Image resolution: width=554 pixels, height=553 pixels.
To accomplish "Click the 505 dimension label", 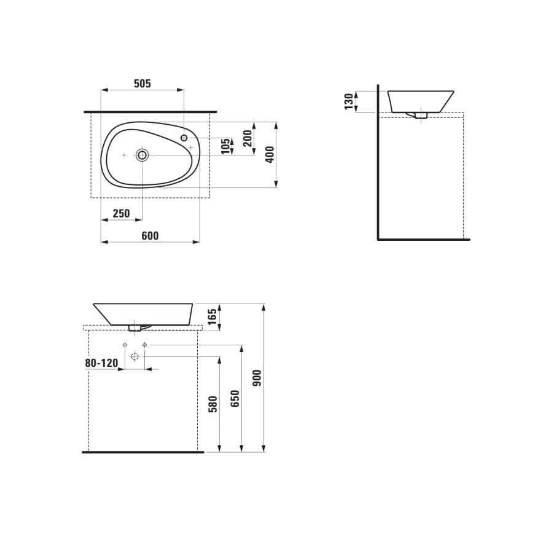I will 142,84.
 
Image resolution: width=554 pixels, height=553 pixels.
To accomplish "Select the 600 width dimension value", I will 150,236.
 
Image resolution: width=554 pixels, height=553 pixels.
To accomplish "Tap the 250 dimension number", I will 121,214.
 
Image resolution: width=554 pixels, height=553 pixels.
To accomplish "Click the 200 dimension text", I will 248,138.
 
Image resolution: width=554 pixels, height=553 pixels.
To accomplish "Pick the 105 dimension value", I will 226,146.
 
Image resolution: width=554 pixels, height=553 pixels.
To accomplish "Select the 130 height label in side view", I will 349,101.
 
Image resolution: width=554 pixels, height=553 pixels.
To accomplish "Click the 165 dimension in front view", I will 212,317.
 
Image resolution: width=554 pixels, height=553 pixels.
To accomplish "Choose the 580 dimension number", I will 213,404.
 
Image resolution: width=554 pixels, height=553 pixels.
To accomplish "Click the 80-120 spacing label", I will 101,363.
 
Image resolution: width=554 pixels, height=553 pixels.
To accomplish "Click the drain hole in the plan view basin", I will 142,155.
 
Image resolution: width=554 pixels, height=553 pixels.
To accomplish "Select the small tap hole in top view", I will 184,138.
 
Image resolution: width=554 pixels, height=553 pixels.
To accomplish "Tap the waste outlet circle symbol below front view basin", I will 135,356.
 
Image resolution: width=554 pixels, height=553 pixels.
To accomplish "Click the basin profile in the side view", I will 421,101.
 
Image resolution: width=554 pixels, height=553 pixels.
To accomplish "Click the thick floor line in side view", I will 424,239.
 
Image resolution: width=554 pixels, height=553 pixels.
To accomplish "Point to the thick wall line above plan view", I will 150,112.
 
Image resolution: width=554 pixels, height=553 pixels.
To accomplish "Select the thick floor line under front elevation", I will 142,452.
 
